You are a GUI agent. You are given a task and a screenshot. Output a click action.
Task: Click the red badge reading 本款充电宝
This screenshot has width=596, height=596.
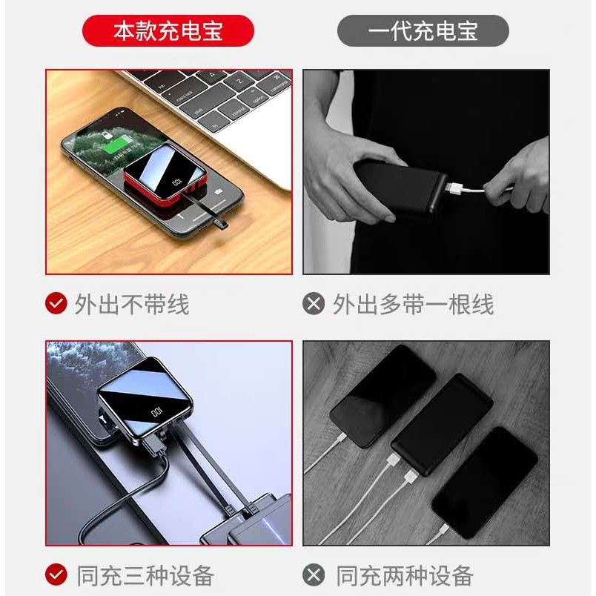(x=168, y=31)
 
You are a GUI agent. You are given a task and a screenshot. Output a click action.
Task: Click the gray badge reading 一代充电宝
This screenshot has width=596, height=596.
(x=423, y=31)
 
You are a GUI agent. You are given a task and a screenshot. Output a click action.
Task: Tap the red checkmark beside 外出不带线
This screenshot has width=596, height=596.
(x=56, y=303)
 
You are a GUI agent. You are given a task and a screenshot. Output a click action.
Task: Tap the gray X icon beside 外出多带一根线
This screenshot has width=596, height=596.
(x=314, y=303)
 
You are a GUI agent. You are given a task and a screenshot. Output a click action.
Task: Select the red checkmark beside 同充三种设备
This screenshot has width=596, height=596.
(x=56, y=575)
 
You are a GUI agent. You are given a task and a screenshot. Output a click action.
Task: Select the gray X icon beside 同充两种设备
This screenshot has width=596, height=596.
(x=314, y=575)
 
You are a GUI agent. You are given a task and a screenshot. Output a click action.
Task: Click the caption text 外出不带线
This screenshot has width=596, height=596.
(x=131, y=304)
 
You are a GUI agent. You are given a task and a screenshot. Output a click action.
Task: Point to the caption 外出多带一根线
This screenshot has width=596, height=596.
(x=413, y=304)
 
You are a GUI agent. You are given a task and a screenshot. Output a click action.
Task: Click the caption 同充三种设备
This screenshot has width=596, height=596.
(x=145, y=575)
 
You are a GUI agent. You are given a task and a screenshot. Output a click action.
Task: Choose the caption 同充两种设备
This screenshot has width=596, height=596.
(x=405, y=575)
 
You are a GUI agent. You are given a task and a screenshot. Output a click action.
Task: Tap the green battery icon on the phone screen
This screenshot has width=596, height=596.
(x=116, y=145)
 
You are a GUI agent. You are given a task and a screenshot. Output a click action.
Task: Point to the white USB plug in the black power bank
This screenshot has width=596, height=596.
(x=454, y=188)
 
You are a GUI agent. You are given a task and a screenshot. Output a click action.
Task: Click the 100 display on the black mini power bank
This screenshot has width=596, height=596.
(x=156, y=412)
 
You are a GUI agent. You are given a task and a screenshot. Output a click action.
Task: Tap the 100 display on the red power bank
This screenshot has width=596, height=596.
(x=177, y=182)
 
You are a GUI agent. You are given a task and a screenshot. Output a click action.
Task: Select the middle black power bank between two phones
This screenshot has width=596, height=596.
(x=442, y=425)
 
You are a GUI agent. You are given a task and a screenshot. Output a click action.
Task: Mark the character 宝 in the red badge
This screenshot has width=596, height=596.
(x=212, y=31)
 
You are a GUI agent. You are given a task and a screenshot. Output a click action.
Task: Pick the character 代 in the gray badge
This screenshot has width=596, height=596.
(x=402, y=31)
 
